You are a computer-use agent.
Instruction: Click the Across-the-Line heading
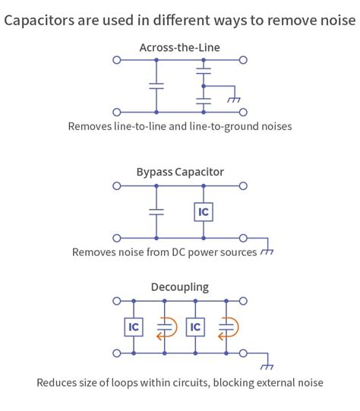pos(180,48)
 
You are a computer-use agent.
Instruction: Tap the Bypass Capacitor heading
pos(180,172)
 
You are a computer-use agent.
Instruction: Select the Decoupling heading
pos(180,287)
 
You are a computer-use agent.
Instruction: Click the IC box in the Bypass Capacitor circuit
pos(203,212)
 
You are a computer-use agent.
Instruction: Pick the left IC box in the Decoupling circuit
pos(134,327)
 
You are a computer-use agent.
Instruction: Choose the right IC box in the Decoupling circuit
pos(195,327)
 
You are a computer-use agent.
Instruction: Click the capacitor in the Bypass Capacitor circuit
pos(156,212)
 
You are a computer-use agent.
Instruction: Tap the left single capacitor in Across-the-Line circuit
pos(156,86)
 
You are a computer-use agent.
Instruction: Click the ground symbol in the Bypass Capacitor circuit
pos(267,251)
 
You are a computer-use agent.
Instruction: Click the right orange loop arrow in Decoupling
pos(226,327)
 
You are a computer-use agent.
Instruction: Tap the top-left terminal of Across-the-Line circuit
pos(116,59)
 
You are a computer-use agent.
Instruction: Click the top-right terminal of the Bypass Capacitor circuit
pos(243,185)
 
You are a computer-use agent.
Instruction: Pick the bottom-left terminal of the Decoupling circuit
pos(116,353)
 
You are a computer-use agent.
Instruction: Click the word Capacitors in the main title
pos(39,21)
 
